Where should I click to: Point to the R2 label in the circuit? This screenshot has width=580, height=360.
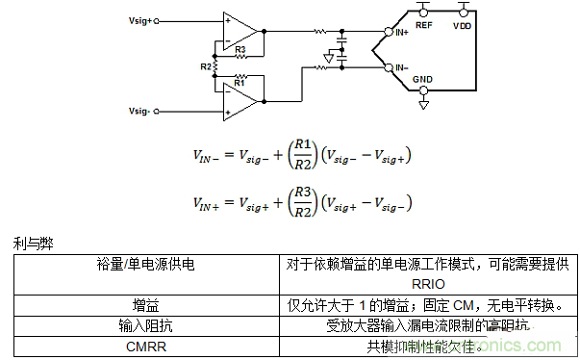(x=205, y=66)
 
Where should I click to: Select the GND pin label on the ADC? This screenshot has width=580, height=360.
(x=424, y=78)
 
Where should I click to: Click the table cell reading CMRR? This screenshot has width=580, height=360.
(x=148, y=346)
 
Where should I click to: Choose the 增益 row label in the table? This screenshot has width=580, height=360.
(x=148, y=305)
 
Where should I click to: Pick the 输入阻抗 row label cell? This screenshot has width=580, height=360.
(x=148, y=325)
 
